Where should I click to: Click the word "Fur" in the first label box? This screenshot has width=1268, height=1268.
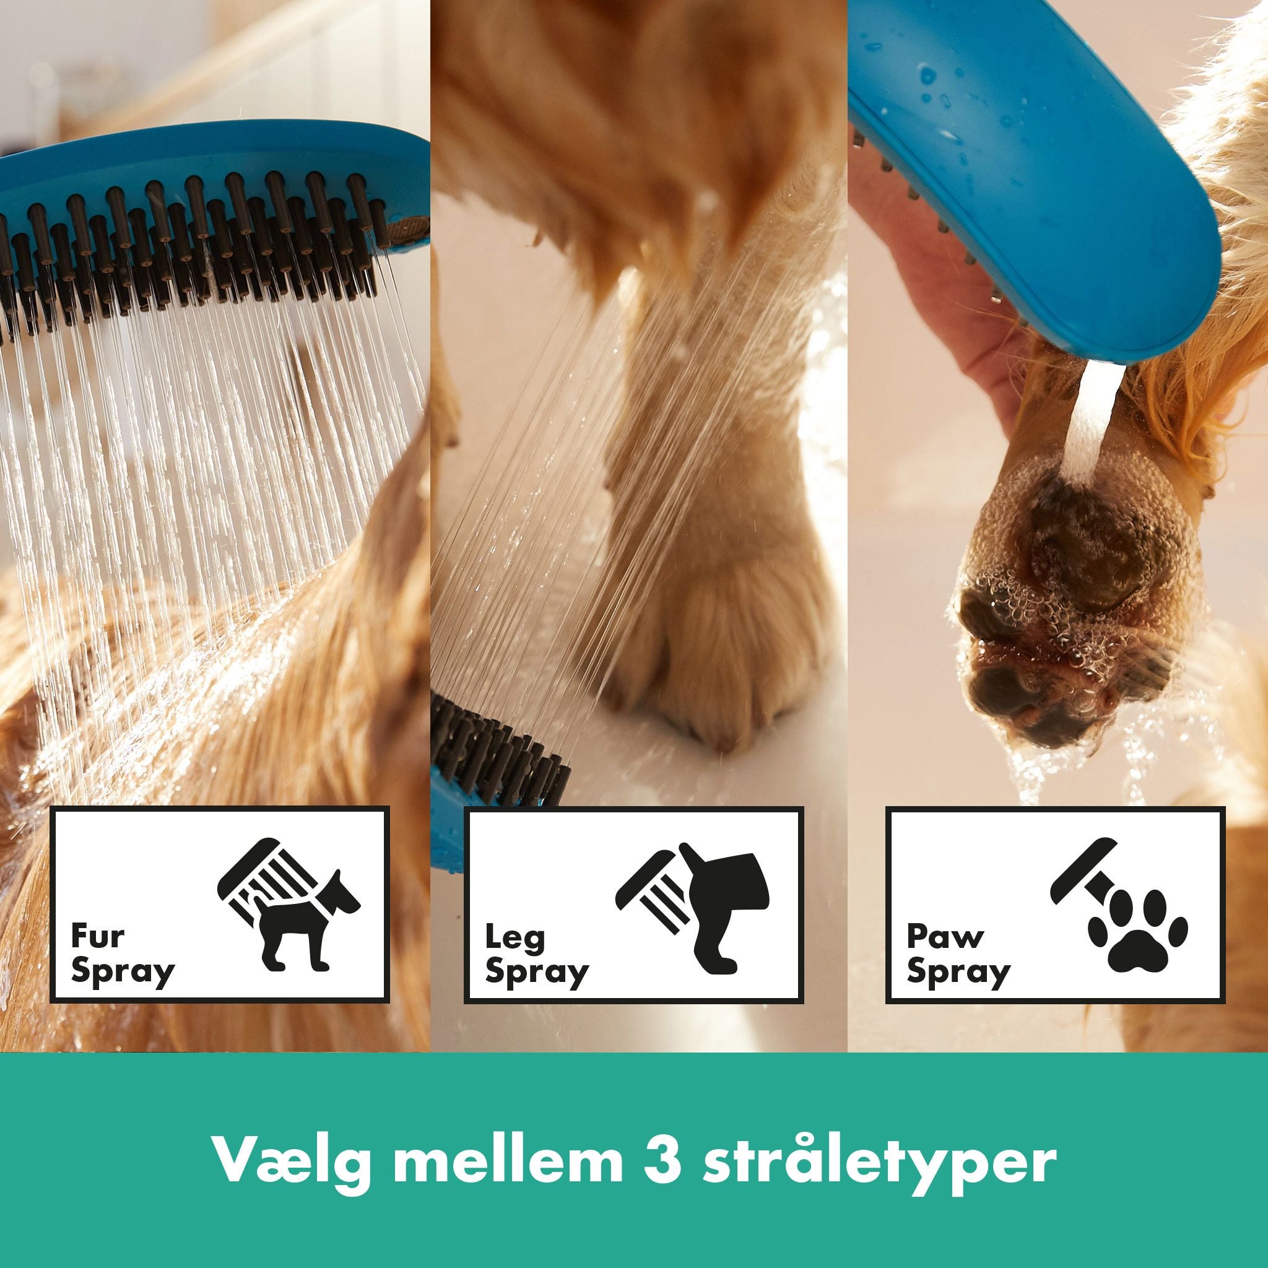coord(97,937)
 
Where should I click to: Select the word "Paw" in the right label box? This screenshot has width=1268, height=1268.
coord(944,937)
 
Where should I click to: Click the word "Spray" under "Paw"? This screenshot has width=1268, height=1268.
coord(958,972)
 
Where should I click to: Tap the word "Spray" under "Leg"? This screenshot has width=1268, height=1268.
coord(537,972)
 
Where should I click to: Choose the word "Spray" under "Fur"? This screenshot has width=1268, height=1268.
coord(123,972)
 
